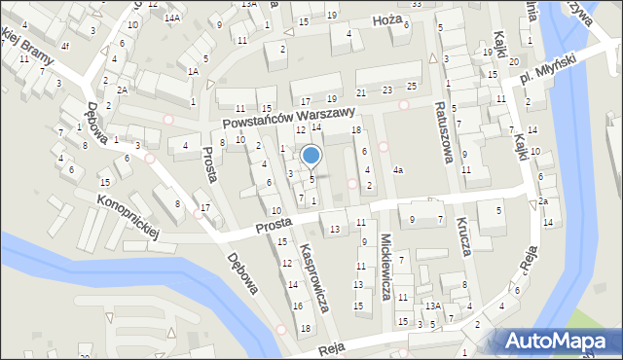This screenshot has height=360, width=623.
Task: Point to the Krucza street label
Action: click(x=461, y=233)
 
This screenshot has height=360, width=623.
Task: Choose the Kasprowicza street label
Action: click(x=317, y=277)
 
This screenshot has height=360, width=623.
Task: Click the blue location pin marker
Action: click(x=311, y=156)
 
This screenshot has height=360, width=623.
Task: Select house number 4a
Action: click(x=397, y=171)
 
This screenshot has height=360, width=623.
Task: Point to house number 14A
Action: click(x=172, y=18)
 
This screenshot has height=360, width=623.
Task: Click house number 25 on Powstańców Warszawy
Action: click(x=412, y=88)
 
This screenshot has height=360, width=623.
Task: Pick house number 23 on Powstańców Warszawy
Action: click(x=387, y=90)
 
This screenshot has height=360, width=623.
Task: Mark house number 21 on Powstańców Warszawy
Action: click(x=361, y=92)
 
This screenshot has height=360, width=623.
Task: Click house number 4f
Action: click(x=65, y=46)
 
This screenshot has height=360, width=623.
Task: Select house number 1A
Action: click(x=194, y=71)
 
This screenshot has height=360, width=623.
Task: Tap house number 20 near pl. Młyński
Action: click(x=513, y=61)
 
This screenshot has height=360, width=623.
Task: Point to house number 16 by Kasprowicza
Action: click(x=296, y=306)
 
